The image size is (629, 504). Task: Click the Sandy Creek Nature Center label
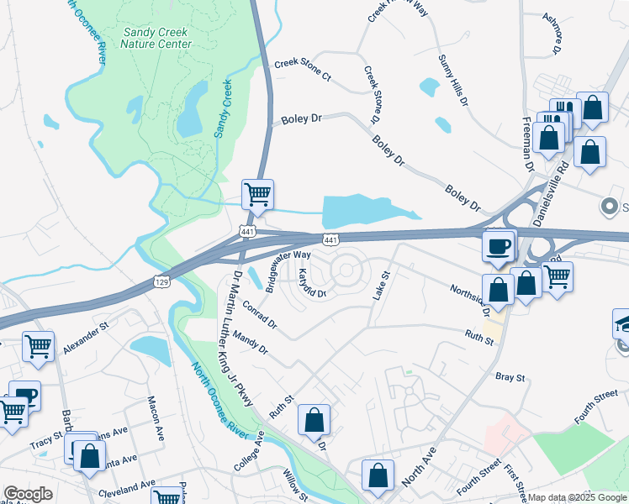tap(156, 37)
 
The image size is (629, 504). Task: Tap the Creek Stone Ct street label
tap(303, 71)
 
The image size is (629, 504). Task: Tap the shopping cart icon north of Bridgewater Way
tap(257, 194)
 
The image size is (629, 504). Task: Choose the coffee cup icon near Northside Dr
tap(499, 245)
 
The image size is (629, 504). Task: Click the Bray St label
tap(510, 378)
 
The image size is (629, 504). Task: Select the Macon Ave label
tap(154, 418)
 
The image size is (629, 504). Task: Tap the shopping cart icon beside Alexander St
tap(39, 345)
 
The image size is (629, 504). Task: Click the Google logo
tap(28, 494)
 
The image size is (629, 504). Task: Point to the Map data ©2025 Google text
tap(576, 498)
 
